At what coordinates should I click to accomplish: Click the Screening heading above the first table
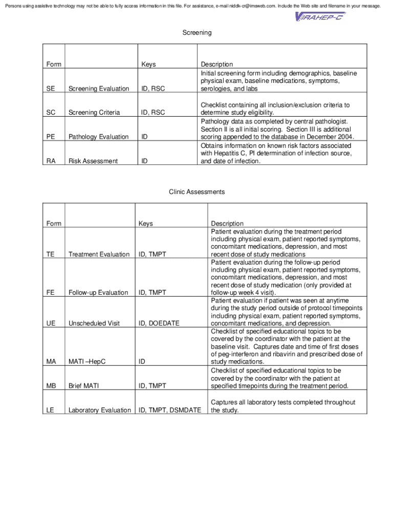pos(197,33)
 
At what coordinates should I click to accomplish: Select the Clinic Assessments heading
pos(197,192)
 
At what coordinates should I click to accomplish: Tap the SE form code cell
pos(51,89)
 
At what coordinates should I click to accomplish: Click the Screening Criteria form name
pos(94,113)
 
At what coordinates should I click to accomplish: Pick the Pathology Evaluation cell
pos(99,137)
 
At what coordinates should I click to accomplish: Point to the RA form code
pos(51,161)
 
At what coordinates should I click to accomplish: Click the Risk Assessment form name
pos(93,161)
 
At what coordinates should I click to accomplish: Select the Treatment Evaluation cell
pos(99,254)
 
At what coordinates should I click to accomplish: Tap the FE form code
pos(50,293)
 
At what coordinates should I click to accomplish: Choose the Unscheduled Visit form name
pos(94,323)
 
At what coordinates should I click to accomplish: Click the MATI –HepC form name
pos(87,362)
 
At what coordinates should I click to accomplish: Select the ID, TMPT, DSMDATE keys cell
pos(170,410)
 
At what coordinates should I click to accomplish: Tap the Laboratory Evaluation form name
pos(100,410)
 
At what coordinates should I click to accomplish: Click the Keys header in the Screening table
pos(148,64)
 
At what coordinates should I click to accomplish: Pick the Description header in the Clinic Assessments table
pos(227,224)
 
